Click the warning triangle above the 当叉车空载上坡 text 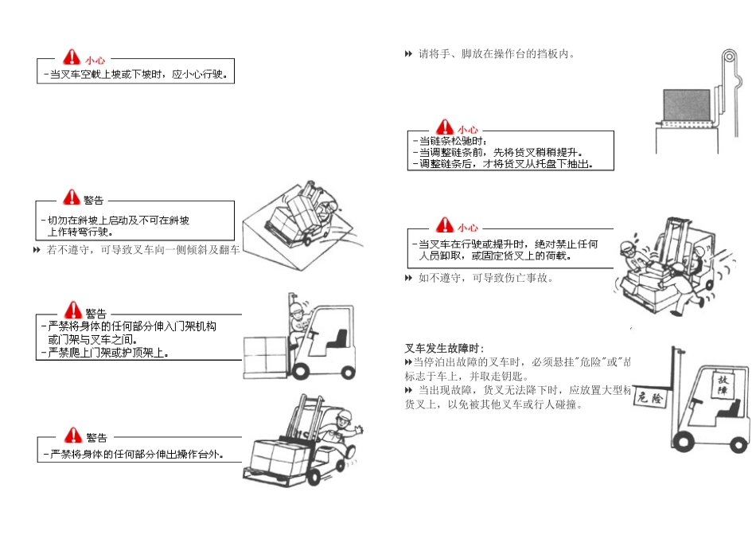pos(72,57)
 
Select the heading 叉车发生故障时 pos(444,348)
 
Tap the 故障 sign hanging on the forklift pos(723,385)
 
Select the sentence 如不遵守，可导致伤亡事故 pos(485,278)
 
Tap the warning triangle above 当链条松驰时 pos(444,127)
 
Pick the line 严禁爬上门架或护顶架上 pos(108,352)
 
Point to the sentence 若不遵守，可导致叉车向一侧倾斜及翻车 pos(143,251)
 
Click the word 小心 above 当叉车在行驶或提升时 pos(468,227)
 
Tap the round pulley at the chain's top pos(728,59)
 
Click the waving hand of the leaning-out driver pos(358,429)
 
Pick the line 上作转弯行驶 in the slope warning pos(81,232)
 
